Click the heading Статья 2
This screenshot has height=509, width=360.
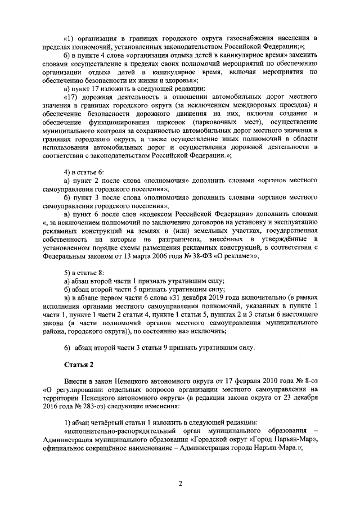tap(78, 364)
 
